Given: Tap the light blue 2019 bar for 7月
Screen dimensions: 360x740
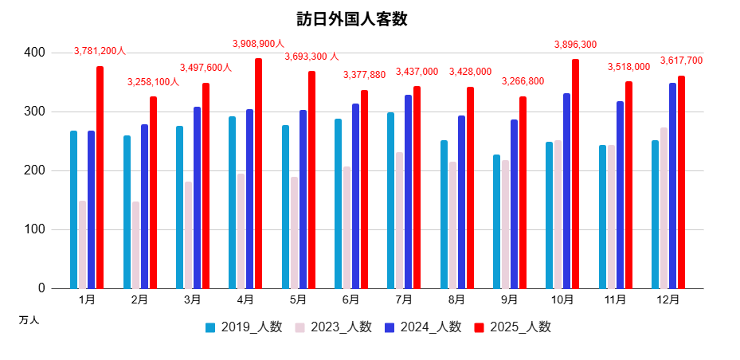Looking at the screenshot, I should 390,200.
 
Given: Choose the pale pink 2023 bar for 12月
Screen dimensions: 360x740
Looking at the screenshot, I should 664,208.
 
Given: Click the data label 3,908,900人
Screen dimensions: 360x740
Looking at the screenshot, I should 258,44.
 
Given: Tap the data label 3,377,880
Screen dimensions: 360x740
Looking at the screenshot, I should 364,75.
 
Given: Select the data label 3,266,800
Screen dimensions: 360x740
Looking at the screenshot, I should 523,81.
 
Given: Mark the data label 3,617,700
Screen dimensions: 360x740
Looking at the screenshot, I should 681,61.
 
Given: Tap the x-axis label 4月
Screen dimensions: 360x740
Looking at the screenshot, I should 245,300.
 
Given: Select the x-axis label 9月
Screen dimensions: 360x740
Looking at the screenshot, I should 510,300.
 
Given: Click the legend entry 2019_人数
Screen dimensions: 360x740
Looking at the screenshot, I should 244,327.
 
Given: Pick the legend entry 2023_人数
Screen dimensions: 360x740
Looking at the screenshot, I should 333,327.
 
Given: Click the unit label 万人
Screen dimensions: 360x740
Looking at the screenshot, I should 29,320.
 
